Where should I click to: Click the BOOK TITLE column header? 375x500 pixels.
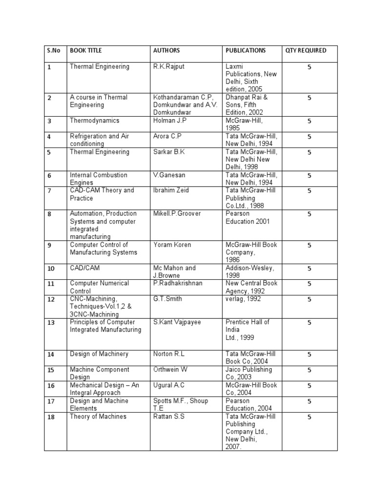click(x=86, y=50)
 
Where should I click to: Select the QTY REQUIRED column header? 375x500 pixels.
click(x=306, y=50)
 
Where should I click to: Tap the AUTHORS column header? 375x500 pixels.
click(x=167, y=50)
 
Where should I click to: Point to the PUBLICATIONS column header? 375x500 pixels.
click(x=246, y=50)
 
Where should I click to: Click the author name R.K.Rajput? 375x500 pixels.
click(x=169, y=66)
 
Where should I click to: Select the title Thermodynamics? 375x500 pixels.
click(x=95, y=121)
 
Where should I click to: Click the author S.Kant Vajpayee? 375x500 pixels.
click(x=177, y=322)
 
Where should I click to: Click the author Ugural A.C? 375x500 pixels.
click(x=169, y=385)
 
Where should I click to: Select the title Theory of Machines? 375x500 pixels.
click(x=98, y=417)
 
